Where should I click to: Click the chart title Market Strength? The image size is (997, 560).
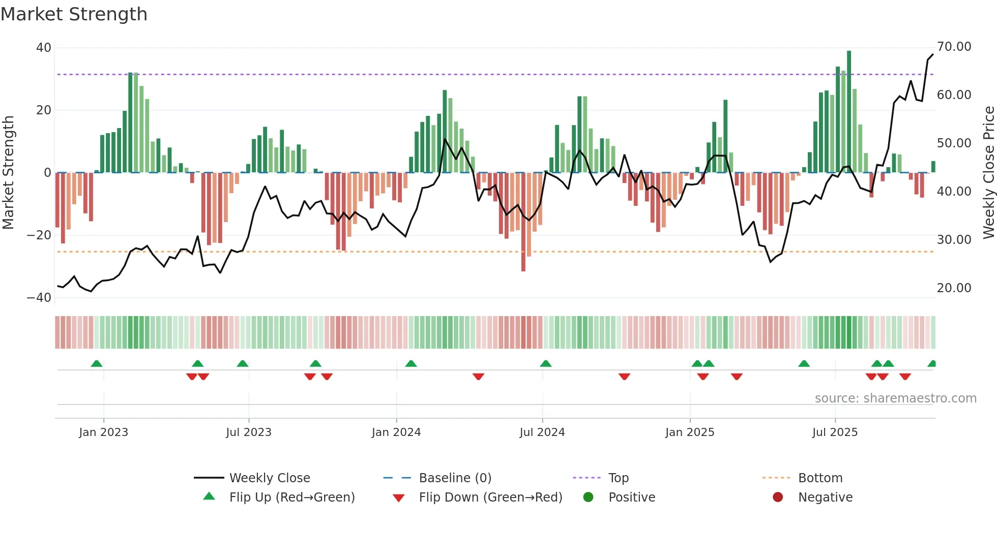[74, 14]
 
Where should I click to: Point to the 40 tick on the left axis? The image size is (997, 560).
[44, 48]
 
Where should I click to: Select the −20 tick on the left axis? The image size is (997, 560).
[39, 235]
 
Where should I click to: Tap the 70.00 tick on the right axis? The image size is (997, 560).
[954, 47]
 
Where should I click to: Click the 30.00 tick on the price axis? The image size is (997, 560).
[954, 239]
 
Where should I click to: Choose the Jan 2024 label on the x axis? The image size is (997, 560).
[396, 432]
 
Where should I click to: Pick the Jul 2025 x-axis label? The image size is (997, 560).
[835, 432]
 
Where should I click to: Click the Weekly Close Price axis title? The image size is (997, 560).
[988, 173]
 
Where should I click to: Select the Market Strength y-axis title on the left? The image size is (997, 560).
[8, 173]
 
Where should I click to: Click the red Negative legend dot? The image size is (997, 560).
[778, 497]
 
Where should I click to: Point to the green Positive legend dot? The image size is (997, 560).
[589, 497]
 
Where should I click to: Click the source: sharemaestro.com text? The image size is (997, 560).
[895, 398]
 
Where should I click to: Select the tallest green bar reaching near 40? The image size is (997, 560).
[849, 112]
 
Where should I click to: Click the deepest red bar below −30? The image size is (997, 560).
[523, 222]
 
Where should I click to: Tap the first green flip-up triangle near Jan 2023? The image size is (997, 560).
[97, 363]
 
